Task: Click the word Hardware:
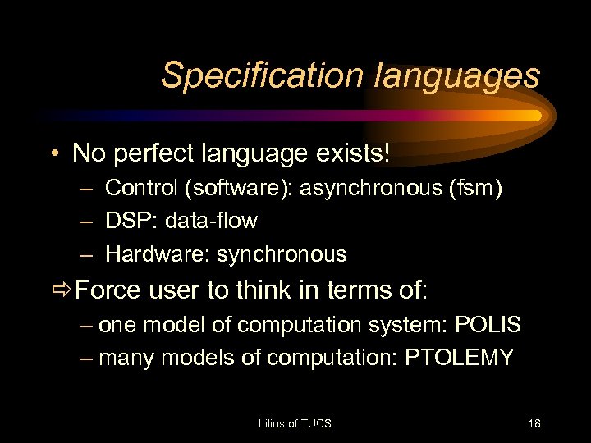click(x=158, y=254)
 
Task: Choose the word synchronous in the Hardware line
click(x=282, y=254)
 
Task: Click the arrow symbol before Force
click(x=60, y=290)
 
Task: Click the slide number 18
click(x=534, y=423)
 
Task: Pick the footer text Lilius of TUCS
click(x=295, y=423)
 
